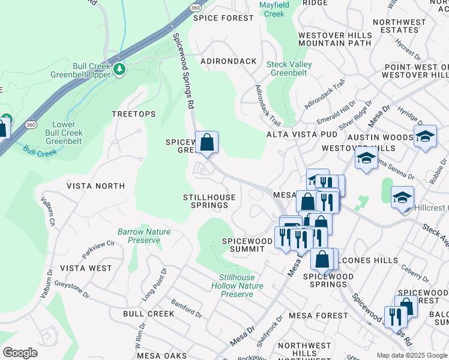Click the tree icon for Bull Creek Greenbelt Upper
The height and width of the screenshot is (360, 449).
coord(119,69)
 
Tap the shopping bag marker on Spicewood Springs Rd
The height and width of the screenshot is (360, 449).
coord(206,143)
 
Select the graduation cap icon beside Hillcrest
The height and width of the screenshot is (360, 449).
coord(402,197)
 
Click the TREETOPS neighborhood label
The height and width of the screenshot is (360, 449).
coord(133,114)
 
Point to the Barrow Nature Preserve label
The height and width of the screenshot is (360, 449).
coord(144,236)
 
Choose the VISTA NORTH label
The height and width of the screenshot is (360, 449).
coord(96,186)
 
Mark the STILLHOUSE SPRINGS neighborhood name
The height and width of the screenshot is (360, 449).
coord(206,201)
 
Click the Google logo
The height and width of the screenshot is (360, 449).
coord(20,353)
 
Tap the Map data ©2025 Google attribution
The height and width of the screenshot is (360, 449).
coord(412,355)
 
